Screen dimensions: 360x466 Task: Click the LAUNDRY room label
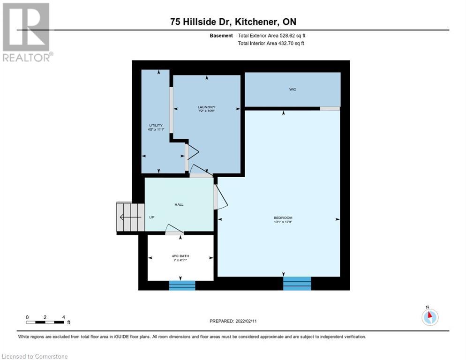(x=206, y=107)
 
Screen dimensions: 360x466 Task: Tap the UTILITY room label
(x=156, y=125)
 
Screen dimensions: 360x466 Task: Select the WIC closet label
(x=293, y=89)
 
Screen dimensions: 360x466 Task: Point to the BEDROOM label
(x=283, y=217)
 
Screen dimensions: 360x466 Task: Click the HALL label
(x=179, y=204)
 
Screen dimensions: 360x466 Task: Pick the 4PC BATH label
(x=180, y=256)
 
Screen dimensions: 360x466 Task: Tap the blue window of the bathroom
(x=182, y=285)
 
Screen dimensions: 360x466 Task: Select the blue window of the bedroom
(x=297, y=283)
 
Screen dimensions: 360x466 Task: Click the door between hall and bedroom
(x=220, y=197)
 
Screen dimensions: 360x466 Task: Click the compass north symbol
(x=429, y=317)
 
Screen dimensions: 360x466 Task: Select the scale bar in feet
(x=45, y=322)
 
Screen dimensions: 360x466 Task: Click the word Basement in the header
(x=221, y=36)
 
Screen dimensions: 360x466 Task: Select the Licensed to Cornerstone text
(x=35, y=357)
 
